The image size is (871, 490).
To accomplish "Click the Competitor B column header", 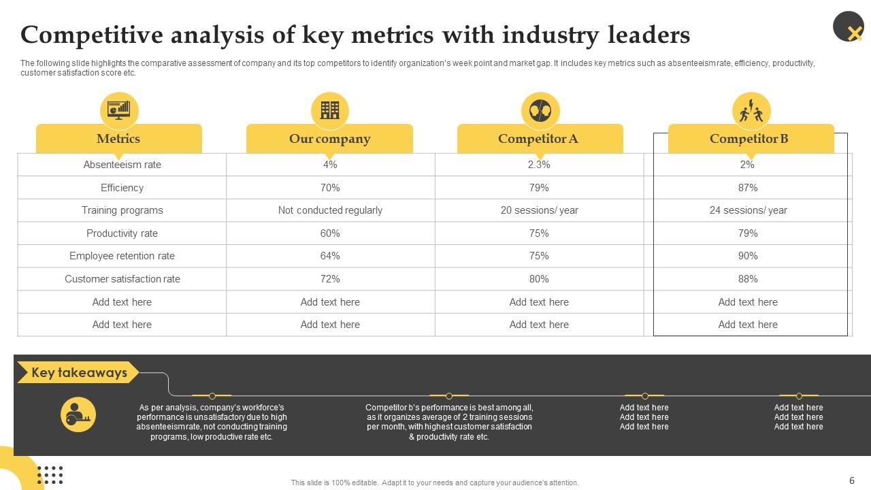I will [x=749, y=139].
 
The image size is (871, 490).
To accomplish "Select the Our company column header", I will [x=330, y=139].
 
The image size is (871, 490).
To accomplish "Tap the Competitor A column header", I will [x=538, y=139].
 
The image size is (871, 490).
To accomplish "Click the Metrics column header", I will [x=118, y=139].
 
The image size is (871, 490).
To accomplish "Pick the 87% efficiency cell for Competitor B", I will [x=748, y=188].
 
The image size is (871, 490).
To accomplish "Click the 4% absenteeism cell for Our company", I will [x=330, y=165].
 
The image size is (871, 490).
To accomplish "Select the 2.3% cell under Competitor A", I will [x=539, y=165].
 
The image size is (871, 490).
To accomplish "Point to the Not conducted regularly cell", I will [x=330, y=210].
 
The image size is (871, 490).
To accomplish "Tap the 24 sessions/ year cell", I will [x=748, y=210].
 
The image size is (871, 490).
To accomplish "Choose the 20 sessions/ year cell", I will [x=539, y=210].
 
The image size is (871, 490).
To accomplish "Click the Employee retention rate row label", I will [x=122, y=256].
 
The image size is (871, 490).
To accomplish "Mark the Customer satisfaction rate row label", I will [x=122, y=279].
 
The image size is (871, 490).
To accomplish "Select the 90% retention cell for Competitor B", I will [x=748, y=256].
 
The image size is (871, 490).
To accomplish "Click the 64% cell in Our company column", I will [x=330, y=256].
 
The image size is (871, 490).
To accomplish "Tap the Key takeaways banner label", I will [x=79, y=373].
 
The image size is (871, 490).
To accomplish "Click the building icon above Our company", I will [x=330, y=110].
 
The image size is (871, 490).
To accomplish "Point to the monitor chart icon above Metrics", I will [x=119, y=110].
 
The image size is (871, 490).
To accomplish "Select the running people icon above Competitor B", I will [x=751, y=110].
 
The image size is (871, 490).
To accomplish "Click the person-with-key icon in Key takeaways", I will [x=78, y=414].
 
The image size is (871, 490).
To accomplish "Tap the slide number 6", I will [x=851, y=480].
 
